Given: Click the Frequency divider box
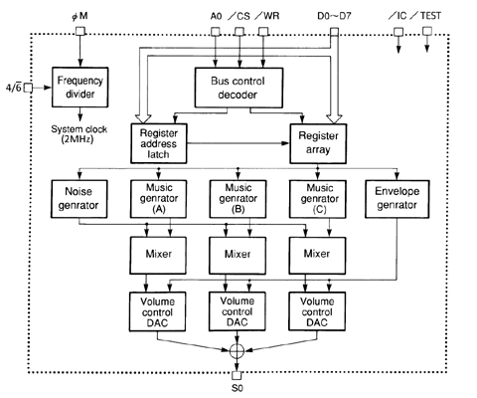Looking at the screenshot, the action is tap(79, 87).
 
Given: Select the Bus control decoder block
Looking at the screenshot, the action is tap(238, 88).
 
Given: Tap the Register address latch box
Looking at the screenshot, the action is tap(159, 143).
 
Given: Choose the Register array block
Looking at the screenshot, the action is tap(318, 143).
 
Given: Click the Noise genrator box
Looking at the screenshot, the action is tap(79, 199).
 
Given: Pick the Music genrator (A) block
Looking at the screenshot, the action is tap(158, 199).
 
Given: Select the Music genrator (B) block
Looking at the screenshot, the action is tap(238, 199).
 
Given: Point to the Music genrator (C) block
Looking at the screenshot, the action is tap(318, 199).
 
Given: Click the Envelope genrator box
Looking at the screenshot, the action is tap(397, 199).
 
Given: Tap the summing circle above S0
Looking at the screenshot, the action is tap(237, 350).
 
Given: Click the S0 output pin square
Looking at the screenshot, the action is tap(237, 375).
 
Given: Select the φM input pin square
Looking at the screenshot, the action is tap(80, 31).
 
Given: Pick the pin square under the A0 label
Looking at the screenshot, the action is tap(216, 32).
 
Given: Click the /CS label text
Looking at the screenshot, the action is tap(239, 16).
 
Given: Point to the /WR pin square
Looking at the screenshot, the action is tap(263, 32).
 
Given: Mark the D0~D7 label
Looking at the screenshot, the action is tap(334, 16).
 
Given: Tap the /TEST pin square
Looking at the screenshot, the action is tap(427, 31).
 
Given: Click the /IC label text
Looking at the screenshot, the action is tap(397, 16).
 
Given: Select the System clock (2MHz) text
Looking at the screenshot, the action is tap(79, 134).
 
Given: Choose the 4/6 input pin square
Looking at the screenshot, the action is tap(28, 88).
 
